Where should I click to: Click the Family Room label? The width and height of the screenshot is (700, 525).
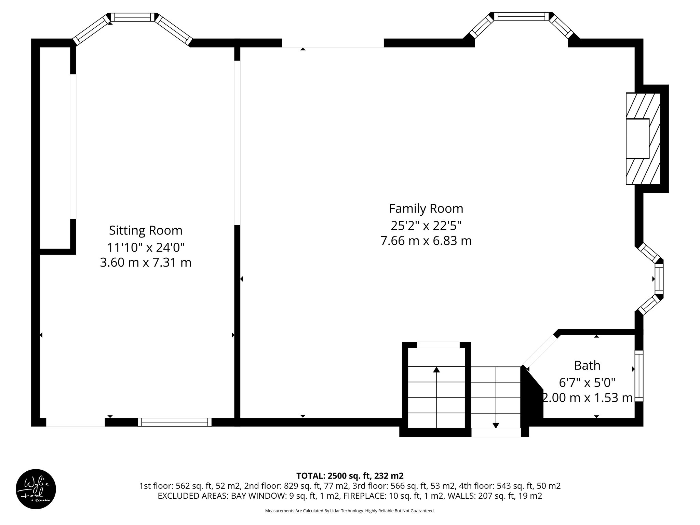click(x=426, y=208)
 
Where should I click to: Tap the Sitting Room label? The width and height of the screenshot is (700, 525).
click(x=146, y=230)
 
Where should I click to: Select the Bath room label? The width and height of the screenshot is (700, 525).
click(x=587, y=365)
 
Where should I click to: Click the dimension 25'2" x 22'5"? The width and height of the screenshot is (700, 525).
click(x=426, y=225)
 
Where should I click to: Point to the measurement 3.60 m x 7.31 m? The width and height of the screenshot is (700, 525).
click(x=146, y=262)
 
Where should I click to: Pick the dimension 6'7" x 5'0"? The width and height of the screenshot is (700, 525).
click(x=587, y=382)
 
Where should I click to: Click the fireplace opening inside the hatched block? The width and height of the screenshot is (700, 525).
click(x=637, y=138)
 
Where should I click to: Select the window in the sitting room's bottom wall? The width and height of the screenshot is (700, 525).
click(x=175, y=422)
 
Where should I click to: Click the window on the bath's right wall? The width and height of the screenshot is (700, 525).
click(x=639, y=376)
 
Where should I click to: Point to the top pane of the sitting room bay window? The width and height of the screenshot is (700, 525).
click(x=133, y=17)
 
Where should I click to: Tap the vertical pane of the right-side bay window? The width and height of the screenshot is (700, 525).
click(x=659, y=279)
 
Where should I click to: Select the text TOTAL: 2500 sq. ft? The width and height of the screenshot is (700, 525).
click(x=350, y=476)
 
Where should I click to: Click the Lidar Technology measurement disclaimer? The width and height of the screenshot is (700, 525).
click(x=350, y=511)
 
